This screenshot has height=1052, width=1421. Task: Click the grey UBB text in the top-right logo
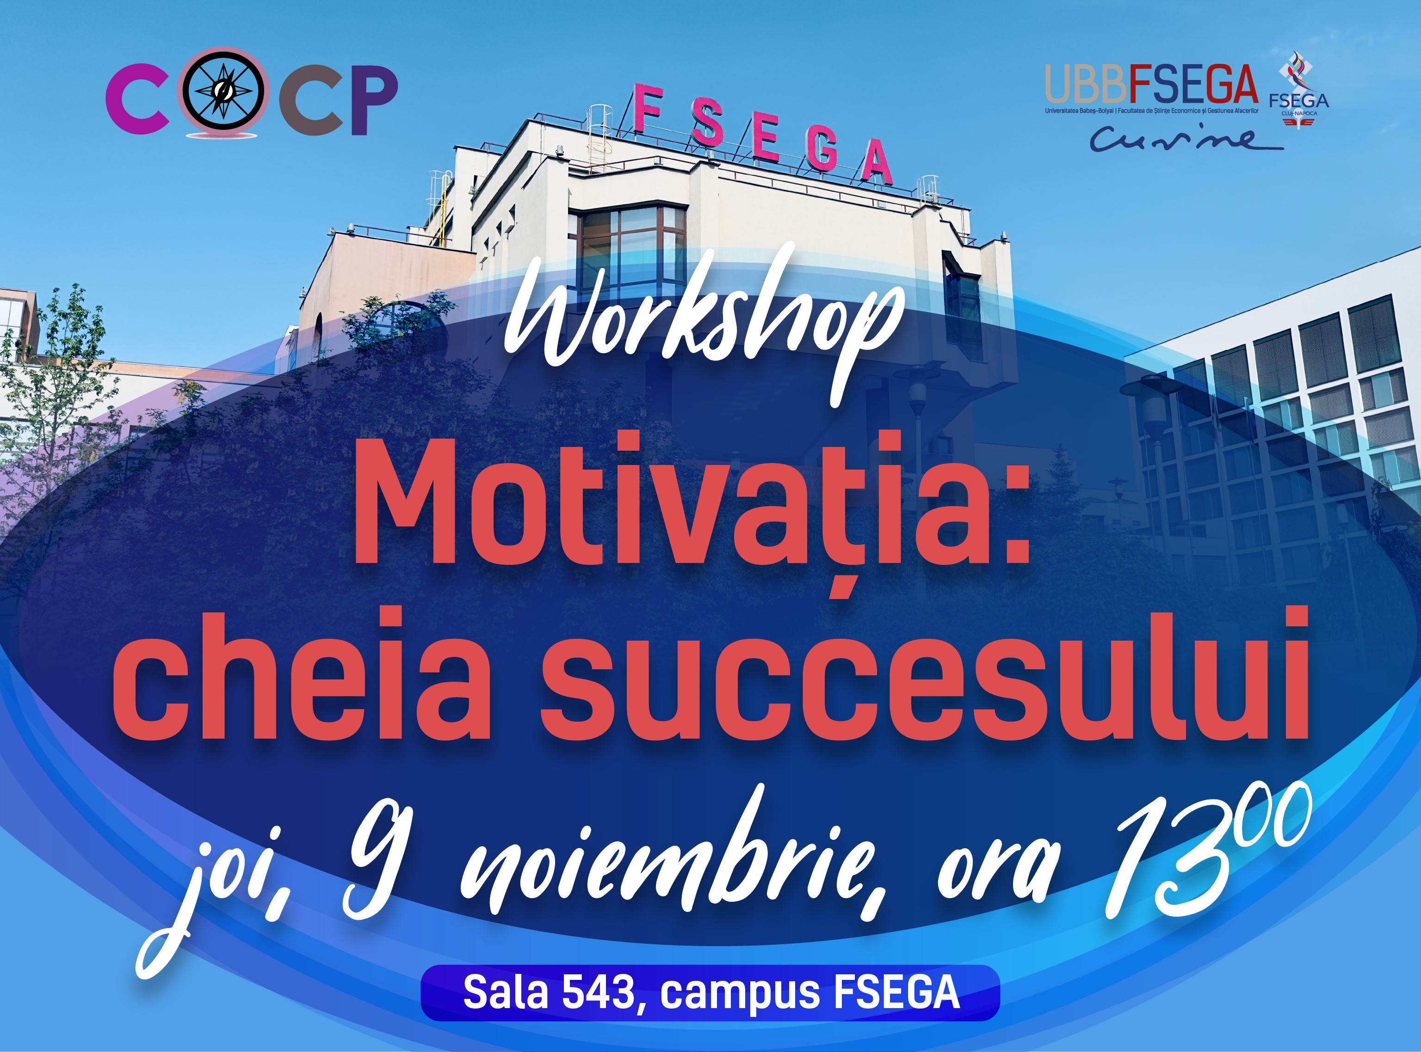1087,84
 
